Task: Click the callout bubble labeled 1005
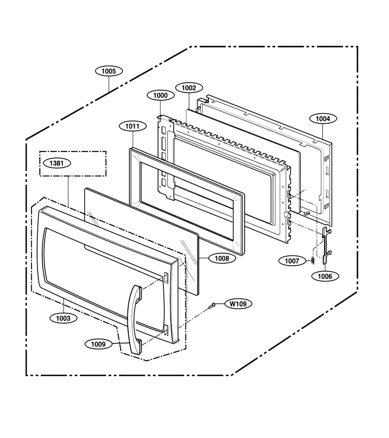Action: click(108, 71)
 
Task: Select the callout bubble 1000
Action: click(160, 95)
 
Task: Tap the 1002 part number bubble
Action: click(189, 88)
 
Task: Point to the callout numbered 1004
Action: click(322, 119)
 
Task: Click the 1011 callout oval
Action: click(132, 126)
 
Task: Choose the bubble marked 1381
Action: click(56, 163)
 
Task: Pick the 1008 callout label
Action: click(222, 258)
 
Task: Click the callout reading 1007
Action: click(292, 261)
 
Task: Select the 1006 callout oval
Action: click(325, 276)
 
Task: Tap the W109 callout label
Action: click(238, 303)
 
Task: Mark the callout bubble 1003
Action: click(63, 318)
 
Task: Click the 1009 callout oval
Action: click(98, 344)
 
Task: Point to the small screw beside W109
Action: click(212, 306)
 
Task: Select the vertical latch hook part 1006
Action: click(325, 246)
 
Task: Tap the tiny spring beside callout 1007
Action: click(313, 260)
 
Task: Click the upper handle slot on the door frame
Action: click(166, 277)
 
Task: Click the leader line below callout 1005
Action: click(108, 84)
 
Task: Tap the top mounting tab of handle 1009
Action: click(139, 292)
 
